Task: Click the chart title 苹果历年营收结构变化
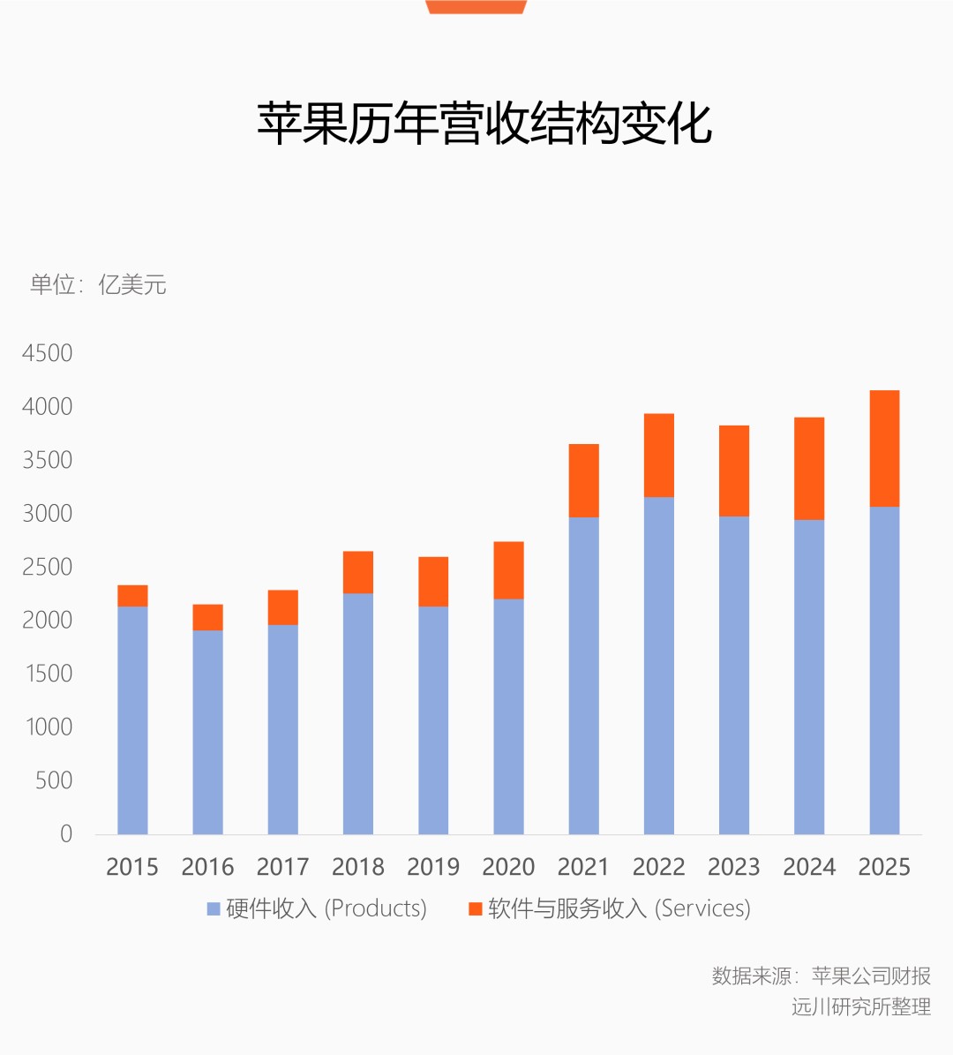484,124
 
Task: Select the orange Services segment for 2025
884,448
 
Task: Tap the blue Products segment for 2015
132,720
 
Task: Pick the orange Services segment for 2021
583,480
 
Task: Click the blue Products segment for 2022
659,666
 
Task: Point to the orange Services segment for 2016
207,617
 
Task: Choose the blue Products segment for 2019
433,720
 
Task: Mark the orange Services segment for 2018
358,572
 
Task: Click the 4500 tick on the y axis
48,353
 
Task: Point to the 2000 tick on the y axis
48,620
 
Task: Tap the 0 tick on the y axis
66,833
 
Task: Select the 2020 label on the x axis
508,867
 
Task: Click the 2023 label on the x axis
734,867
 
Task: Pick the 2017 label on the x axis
282,867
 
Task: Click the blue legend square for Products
214,908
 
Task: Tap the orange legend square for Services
475,908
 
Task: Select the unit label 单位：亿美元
98,285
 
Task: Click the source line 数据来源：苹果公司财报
821,976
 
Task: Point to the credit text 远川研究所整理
860,1006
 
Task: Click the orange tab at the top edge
476,6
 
